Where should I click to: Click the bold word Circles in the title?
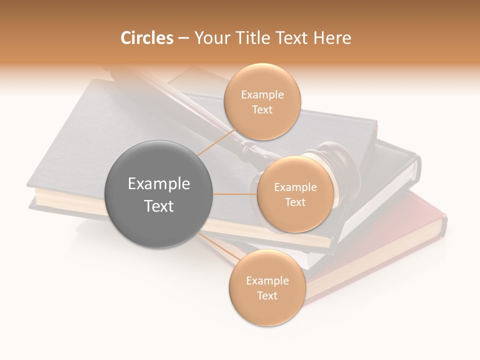pos(146,38)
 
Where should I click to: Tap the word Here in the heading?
pos(332,38)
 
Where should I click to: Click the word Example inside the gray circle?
pos(159,184)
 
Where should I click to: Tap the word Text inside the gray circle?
pos(159,206)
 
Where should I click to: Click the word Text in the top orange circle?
pos(262,109)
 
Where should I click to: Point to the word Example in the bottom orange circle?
pos(267,280)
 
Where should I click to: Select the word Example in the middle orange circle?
pos(295,187)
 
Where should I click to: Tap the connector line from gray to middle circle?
pos(235,194)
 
